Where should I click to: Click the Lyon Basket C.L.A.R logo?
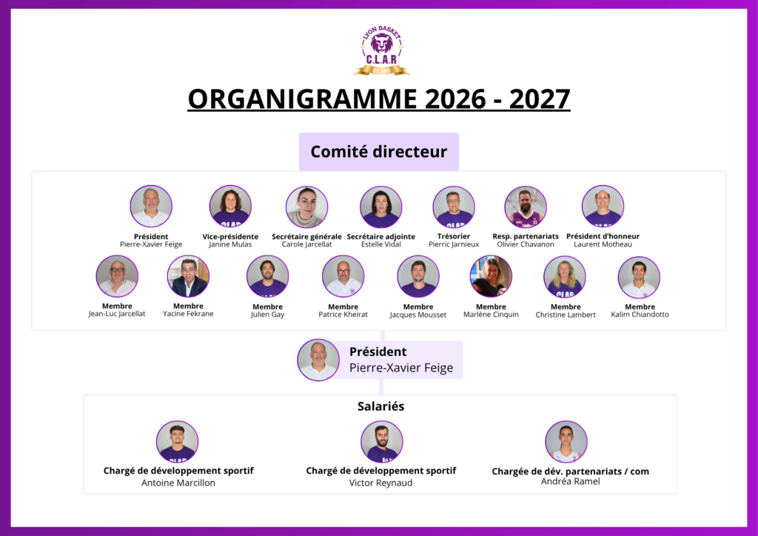382,51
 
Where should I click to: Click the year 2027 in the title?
540,99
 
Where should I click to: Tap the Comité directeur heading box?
378,151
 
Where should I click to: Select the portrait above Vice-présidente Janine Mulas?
230,207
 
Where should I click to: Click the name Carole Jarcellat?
306,244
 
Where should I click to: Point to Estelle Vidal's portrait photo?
381,207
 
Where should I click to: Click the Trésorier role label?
454,236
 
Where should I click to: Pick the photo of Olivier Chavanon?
526,207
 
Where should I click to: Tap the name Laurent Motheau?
603,244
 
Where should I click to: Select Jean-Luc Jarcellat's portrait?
117,276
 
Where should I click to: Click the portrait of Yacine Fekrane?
188,276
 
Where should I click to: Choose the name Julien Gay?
267,315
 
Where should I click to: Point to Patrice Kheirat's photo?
343,276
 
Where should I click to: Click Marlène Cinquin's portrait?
491,276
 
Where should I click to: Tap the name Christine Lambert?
566,315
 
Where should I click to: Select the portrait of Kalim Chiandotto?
639,278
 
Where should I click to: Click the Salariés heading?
381,406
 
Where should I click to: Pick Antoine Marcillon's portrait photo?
178,442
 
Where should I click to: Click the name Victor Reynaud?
381,483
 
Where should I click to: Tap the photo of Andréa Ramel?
566,442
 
